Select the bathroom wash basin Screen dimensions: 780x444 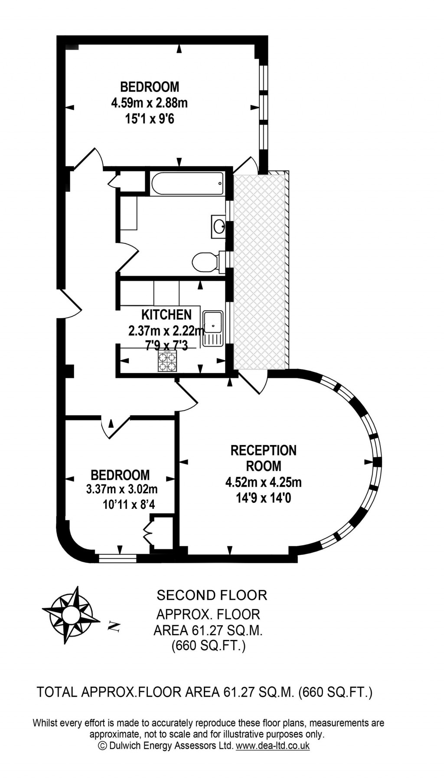tap(219, 226)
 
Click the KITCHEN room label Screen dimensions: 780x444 tap(166, 315)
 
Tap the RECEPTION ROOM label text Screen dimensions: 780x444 tap(263, 458)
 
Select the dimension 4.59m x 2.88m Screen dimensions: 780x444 tap(150, 103)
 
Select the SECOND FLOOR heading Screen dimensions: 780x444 tap(212, 595)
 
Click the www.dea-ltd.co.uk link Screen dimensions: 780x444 tap(272, 746)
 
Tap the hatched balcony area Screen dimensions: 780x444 tap(259, 271)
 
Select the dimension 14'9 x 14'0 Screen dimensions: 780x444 tap(263, 498)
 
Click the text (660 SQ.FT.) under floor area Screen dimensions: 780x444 tap(209, 646)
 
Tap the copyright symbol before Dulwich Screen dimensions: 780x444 tap(102, 746)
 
